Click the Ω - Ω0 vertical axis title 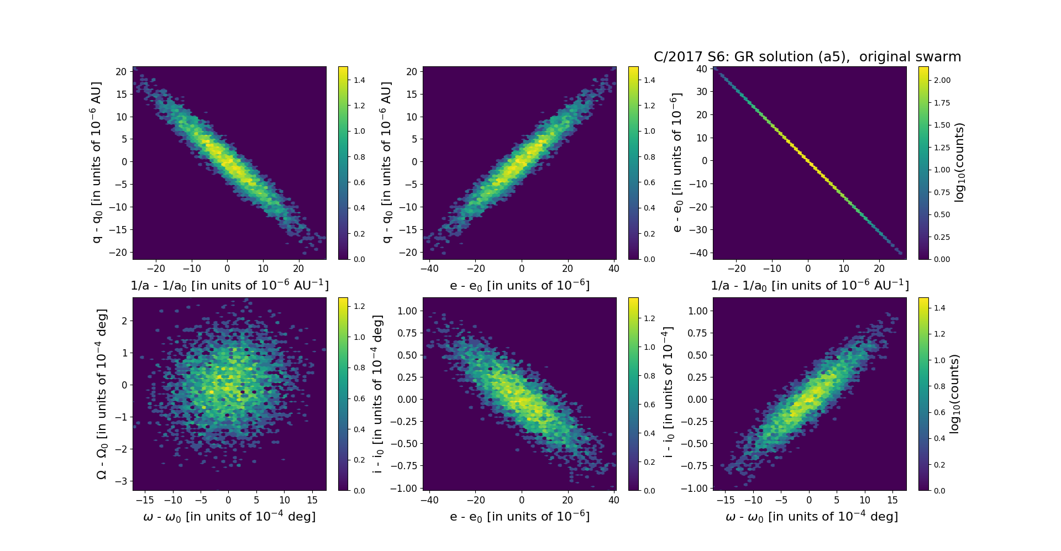click(102, 394)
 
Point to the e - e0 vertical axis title click(676, 162)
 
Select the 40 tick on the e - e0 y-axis click(702, 69)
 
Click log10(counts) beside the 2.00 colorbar click(959, 162)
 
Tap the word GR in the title click(743, 57)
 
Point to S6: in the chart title click(717, 57)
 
